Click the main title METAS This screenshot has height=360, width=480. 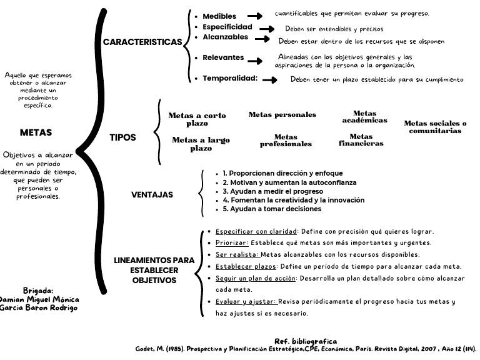click(36, 132)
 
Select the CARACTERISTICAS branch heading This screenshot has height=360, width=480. click(142, 42)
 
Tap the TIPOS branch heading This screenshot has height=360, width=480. click(122, 137)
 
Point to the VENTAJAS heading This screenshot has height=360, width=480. click(152, 194)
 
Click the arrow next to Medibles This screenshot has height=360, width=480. click(254, 16)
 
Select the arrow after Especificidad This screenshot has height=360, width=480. click(267, 29)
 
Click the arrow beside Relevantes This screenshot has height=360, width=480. click(254, 60)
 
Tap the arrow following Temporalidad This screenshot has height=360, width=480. click(270, 79)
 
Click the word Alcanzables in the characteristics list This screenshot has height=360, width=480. click(226, 37)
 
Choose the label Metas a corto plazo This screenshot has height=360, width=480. click(197, 119)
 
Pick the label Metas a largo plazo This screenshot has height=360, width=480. click(201, 144)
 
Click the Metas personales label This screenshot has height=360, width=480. click(282, 114)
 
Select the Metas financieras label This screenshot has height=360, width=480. click(361, 140)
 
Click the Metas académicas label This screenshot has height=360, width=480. click(365, 117)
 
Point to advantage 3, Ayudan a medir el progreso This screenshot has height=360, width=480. click(269, 191)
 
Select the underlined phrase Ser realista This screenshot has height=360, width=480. click(237, 254)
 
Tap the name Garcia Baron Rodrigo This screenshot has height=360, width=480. click(39, 307)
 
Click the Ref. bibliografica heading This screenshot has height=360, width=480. click(306, 341)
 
